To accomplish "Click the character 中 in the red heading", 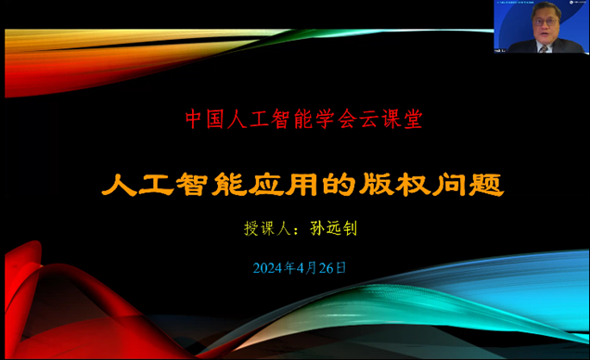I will tap(193, 120).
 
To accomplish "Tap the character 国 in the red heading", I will tap(214, 120).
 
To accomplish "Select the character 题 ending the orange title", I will tap(487, 184).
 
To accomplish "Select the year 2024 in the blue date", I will tap(268, 268).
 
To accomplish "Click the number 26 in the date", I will tap(316, 268).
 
